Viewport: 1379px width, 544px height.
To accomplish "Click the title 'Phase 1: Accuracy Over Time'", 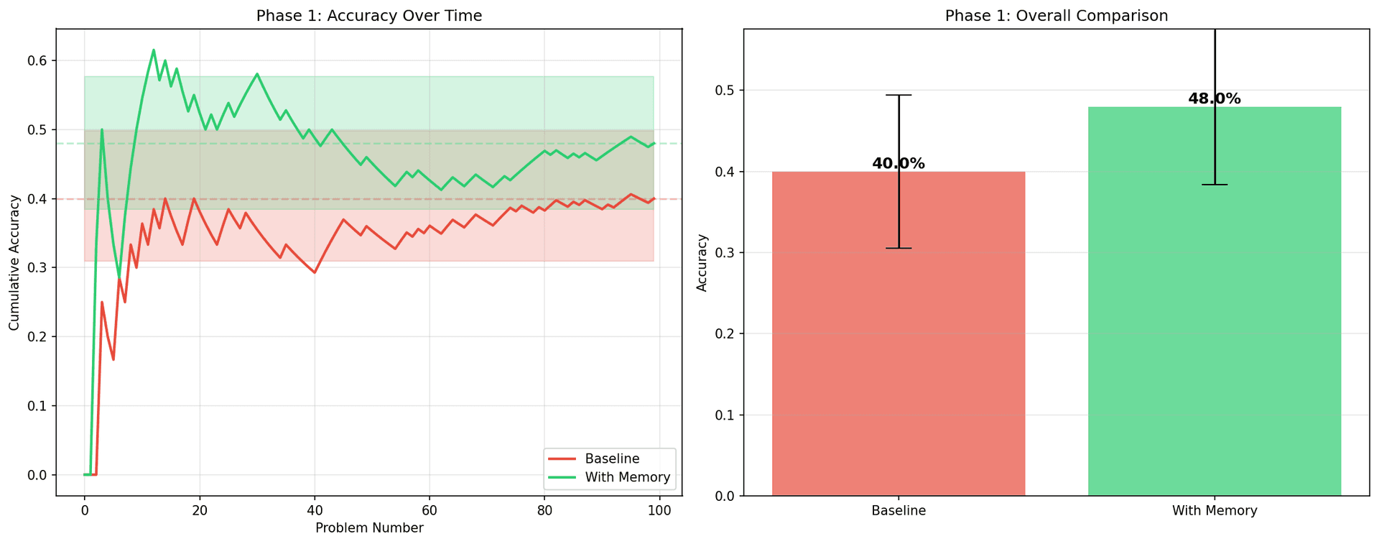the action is click(x=369, y=15).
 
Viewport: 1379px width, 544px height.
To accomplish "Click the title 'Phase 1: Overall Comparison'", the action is click(x=1057, y=15).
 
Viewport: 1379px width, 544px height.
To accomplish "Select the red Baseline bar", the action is click(x=899, y=333).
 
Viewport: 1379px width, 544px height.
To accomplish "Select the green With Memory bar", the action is click(x=1215, y=301).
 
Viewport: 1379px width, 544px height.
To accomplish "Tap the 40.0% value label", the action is click(x=899, y=164).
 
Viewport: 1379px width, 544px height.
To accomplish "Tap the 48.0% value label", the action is click(x=1215, y=99).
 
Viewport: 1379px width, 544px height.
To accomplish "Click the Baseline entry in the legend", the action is click(x=612, y=458).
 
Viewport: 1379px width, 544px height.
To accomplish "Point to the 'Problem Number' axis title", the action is click(x=369, y=528).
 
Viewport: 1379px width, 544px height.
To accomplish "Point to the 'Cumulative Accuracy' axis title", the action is click(x=14, y=262).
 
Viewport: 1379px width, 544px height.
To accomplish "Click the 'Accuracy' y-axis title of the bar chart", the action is click(x=702, y=262).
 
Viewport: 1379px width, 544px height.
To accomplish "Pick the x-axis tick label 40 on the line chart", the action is click(x=315, y=510).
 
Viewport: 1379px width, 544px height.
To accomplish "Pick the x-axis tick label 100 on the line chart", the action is click(x=659, y=510).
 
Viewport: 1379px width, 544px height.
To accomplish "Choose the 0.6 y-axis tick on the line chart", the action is click(x=37, y=61).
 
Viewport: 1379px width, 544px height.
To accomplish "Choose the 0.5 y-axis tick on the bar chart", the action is click(x=725, y=91).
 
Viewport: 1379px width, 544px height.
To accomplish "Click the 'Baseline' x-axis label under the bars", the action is click(x=899, y=511).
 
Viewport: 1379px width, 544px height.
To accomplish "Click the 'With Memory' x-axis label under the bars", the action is click(x=1215, y=511).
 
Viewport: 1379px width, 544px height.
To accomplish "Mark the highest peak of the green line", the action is click(x=154, y=50).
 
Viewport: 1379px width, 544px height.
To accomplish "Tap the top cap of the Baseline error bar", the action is click(x=899, y=95).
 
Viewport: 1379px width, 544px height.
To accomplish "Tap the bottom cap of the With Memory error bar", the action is click(x=1215, y=185).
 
